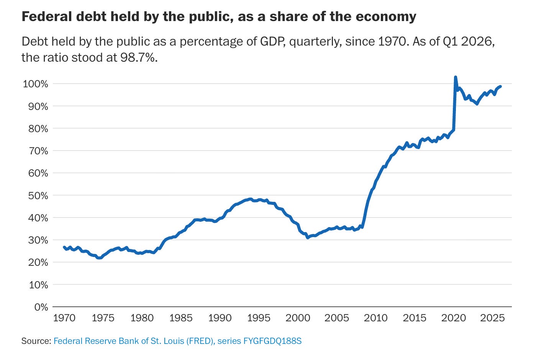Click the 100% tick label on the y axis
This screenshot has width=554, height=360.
click(x=35, y=84)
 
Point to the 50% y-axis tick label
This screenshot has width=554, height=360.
click(x=38, y=196)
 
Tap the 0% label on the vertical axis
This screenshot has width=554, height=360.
click(x=41, y=307)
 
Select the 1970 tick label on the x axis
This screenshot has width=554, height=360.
click(x=64, y=318)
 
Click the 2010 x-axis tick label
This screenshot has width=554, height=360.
click(x=376, y=318)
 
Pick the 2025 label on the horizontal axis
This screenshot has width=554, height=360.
click(x=492, y=318)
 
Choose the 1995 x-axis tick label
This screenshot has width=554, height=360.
click(x=259, y=318)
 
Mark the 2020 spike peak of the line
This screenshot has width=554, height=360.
click(x=455, y=77)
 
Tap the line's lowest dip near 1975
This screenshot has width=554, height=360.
click(x=100, y=258)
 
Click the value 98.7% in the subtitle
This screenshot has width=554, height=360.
click(x=139, y=57)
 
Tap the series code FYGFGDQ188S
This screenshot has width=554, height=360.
click(x=272, y=341)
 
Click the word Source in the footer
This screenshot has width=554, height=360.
click(x=36, y=341)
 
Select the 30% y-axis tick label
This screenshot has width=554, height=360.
click(x=38, y=241)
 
